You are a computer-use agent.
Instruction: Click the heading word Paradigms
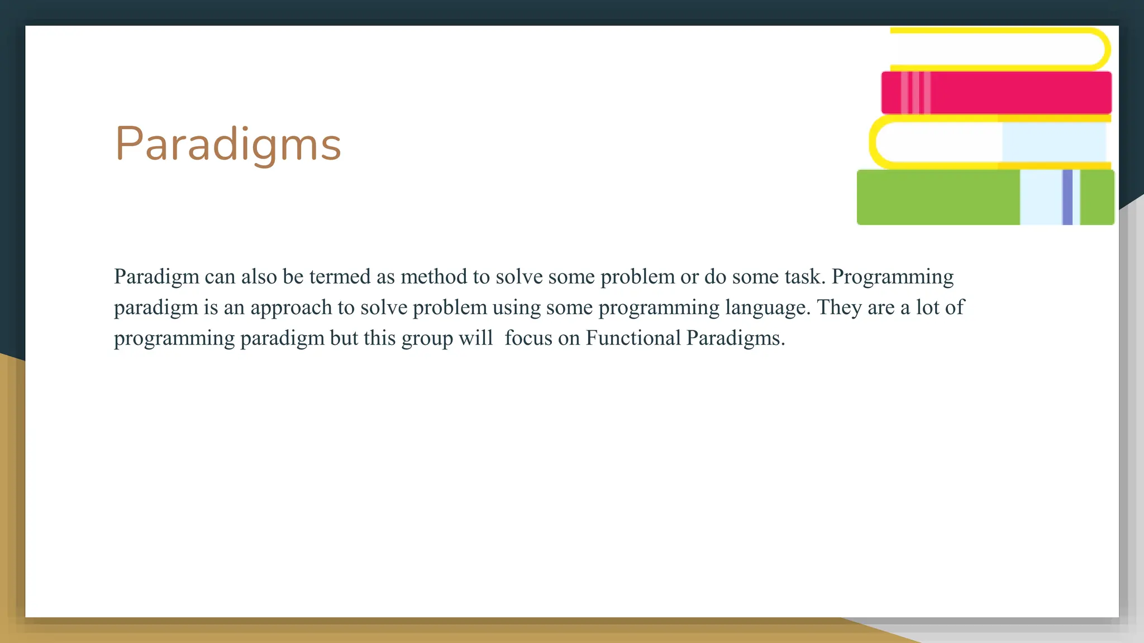pyautogui.click(x=228, y=144)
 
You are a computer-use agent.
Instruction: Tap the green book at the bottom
pyautogui.click(x=938, y=198)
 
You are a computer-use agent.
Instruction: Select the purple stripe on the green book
pyautogui.click(x=1067, y=198)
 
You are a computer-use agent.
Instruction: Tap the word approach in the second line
pyautogui.click(x=290, y=308)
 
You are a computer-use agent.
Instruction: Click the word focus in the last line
pyautogui.click(x=528, y=338)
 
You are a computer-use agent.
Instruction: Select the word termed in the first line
pyautogui.click(x=340, y=277)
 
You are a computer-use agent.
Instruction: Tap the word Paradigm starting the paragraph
pyautogui.click(x=156, y=277)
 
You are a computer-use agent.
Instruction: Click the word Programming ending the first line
pyautogui.click(x=892, y=277)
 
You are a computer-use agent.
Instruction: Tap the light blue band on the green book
pyautogui.click(x=1040, y=198)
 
